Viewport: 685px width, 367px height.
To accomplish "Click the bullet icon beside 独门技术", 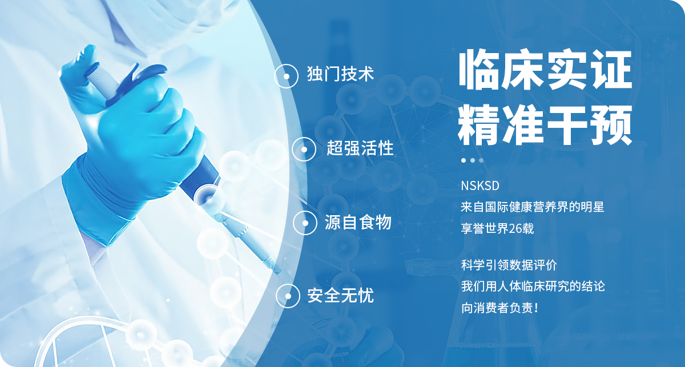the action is pos(286,76).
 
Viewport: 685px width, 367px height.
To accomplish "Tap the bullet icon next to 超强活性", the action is pos(304,149).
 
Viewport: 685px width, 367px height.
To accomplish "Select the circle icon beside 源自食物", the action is pos(305,223).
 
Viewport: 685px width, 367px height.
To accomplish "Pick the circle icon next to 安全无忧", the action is pos(288,296).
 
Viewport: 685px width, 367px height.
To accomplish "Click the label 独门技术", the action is pos(340,74).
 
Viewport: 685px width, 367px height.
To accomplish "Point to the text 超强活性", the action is pos(360,148).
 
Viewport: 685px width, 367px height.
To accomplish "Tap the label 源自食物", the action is pos(358,221).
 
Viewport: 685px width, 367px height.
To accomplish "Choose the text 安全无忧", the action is pos(340,295).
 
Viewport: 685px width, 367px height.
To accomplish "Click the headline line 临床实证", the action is pos(545,70).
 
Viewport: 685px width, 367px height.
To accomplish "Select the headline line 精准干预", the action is pos(545,125).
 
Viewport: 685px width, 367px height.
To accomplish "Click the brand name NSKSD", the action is pos(480,185).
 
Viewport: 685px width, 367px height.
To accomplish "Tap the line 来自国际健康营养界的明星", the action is pos(533,207).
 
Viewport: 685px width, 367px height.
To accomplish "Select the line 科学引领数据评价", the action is pos(509,265).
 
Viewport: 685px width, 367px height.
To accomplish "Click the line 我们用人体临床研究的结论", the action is pos(533,287).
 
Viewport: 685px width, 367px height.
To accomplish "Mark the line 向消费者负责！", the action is pos(499,308).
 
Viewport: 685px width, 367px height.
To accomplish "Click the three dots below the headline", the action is pos(472,160).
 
